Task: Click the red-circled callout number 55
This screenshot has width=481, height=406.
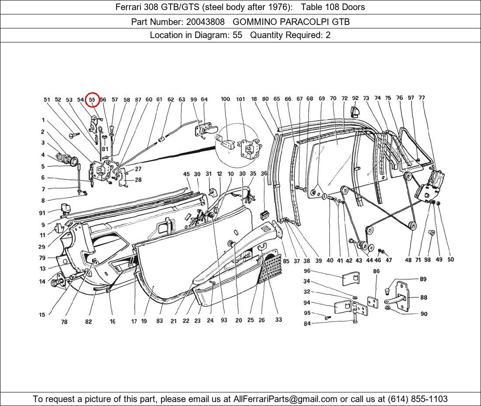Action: tap(92, 100)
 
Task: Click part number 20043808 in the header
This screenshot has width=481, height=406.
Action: tap(205, 21)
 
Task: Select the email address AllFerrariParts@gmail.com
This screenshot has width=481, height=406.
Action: tap(286, 399)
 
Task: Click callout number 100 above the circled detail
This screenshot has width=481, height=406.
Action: tap(225, 99)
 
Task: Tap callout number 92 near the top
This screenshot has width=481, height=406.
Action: tap(356, 98)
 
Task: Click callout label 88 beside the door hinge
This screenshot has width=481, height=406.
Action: tap(423, 297)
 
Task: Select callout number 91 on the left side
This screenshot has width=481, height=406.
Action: tap(42, 213)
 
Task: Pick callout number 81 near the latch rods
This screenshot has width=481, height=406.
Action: tap(105, 149)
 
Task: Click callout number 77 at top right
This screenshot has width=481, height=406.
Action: tap(422, 98)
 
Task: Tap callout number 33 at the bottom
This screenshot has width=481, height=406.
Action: tap(279, 320)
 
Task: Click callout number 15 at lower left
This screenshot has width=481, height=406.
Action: tap(42, 315)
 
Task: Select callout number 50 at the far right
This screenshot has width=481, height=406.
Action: tap(450, 259)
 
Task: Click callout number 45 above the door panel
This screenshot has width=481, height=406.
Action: tap(186, 174)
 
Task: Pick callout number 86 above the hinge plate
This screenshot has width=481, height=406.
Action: tap(376, 271)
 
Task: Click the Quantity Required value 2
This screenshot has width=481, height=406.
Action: tap(328, 35)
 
